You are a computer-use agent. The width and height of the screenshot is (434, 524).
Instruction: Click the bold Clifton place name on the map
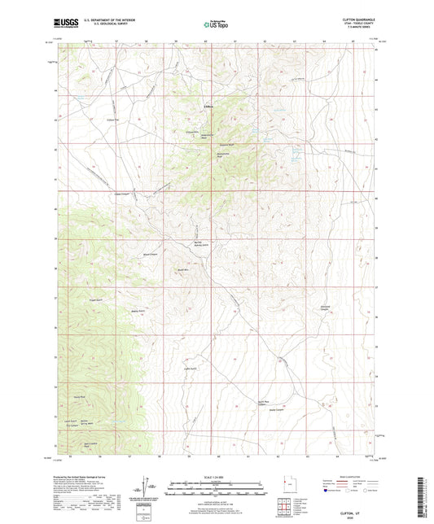coord(208,105)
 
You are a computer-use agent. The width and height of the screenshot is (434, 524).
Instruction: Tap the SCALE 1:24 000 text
coord(216,476)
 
